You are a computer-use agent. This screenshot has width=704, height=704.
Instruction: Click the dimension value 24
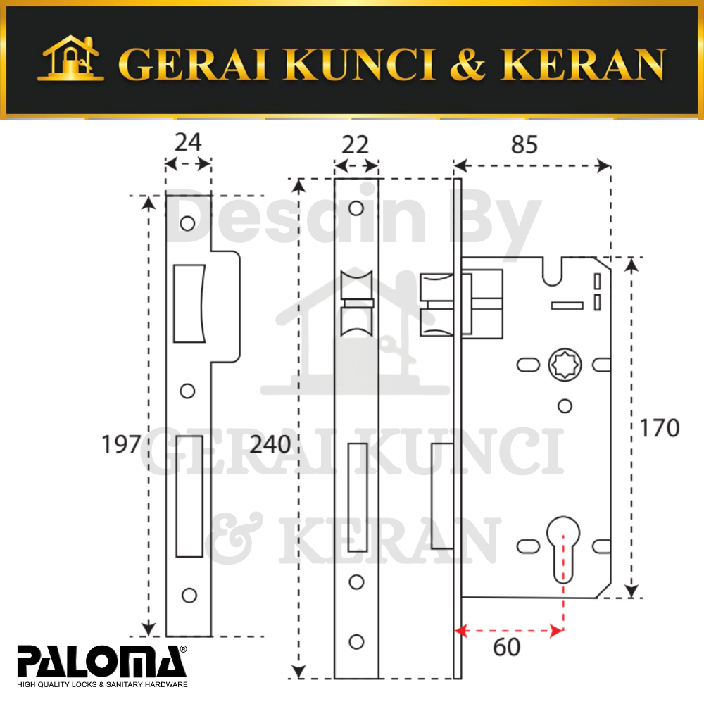pyautogui.click(x=188, y=142)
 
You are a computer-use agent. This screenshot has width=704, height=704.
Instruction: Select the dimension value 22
pyautogui.click(x=355, y=144)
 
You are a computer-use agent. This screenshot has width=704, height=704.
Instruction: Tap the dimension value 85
pyautogui.click(x=524, y=144)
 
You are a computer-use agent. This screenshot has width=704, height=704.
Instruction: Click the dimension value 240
pyautogui.click(x=270, y=444)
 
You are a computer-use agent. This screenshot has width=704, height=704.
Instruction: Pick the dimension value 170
pyautogui.click(x=659, y=428)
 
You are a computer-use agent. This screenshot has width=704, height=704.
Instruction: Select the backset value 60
pyautogui.click(x=506, y=647)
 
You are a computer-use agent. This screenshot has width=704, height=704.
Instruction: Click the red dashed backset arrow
pyautogui.click(x=509, y=631)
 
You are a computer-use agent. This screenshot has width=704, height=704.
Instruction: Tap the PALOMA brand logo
pyautogui.click(x=102, y=667)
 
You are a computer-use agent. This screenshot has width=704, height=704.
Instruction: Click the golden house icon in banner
pyautogui.click(x=70, y=58)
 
